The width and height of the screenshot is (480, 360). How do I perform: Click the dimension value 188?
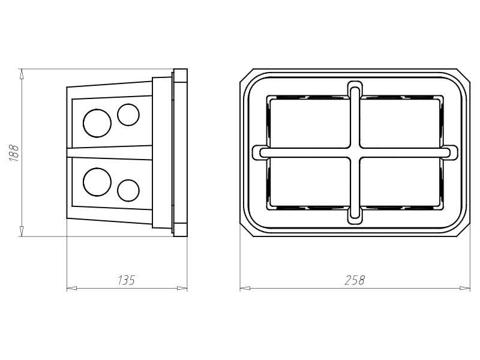coord(14,152)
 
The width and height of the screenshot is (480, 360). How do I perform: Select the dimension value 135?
coord(127,280)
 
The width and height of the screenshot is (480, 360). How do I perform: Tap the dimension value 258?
coord(355,280)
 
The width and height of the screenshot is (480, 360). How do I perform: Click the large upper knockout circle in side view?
coord(97,123)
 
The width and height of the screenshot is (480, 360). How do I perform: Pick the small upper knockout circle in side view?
coord(128,115)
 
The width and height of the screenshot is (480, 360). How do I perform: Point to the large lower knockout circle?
coord(97,182)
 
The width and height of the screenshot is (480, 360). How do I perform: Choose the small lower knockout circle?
coord(128,190)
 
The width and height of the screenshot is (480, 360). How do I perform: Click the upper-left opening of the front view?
coord(310,123)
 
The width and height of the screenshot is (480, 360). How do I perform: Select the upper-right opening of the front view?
coord(401,123)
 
